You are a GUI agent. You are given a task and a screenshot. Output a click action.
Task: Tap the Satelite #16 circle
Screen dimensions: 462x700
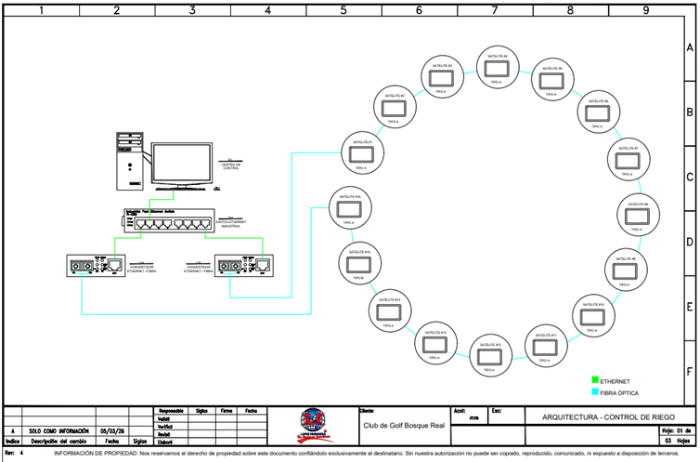346,209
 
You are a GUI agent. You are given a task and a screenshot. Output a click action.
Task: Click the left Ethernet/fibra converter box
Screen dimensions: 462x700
96,267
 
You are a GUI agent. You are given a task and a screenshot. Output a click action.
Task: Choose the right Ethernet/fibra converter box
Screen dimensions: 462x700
243,267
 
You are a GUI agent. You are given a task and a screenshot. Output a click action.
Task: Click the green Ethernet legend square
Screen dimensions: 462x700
594,380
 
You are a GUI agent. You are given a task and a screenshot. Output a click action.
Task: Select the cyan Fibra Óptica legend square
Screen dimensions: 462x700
594,393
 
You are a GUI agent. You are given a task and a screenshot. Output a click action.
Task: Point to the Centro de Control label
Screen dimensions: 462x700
231,165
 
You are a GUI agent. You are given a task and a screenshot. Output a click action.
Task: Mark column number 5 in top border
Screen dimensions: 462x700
343,10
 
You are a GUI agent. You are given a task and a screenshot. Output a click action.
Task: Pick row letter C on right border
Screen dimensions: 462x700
690,177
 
